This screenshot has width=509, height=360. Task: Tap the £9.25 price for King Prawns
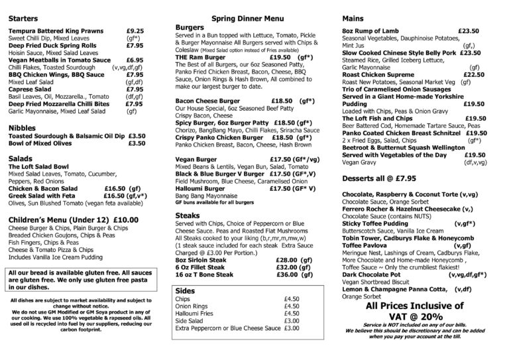pos(135,30)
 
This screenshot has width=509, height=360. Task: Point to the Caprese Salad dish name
pos(31,89)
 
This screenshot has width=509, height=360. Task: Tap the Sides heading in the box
pos(184,290)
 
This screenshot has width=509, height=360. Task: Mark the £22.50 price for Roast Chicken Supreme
pos(473,75)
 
